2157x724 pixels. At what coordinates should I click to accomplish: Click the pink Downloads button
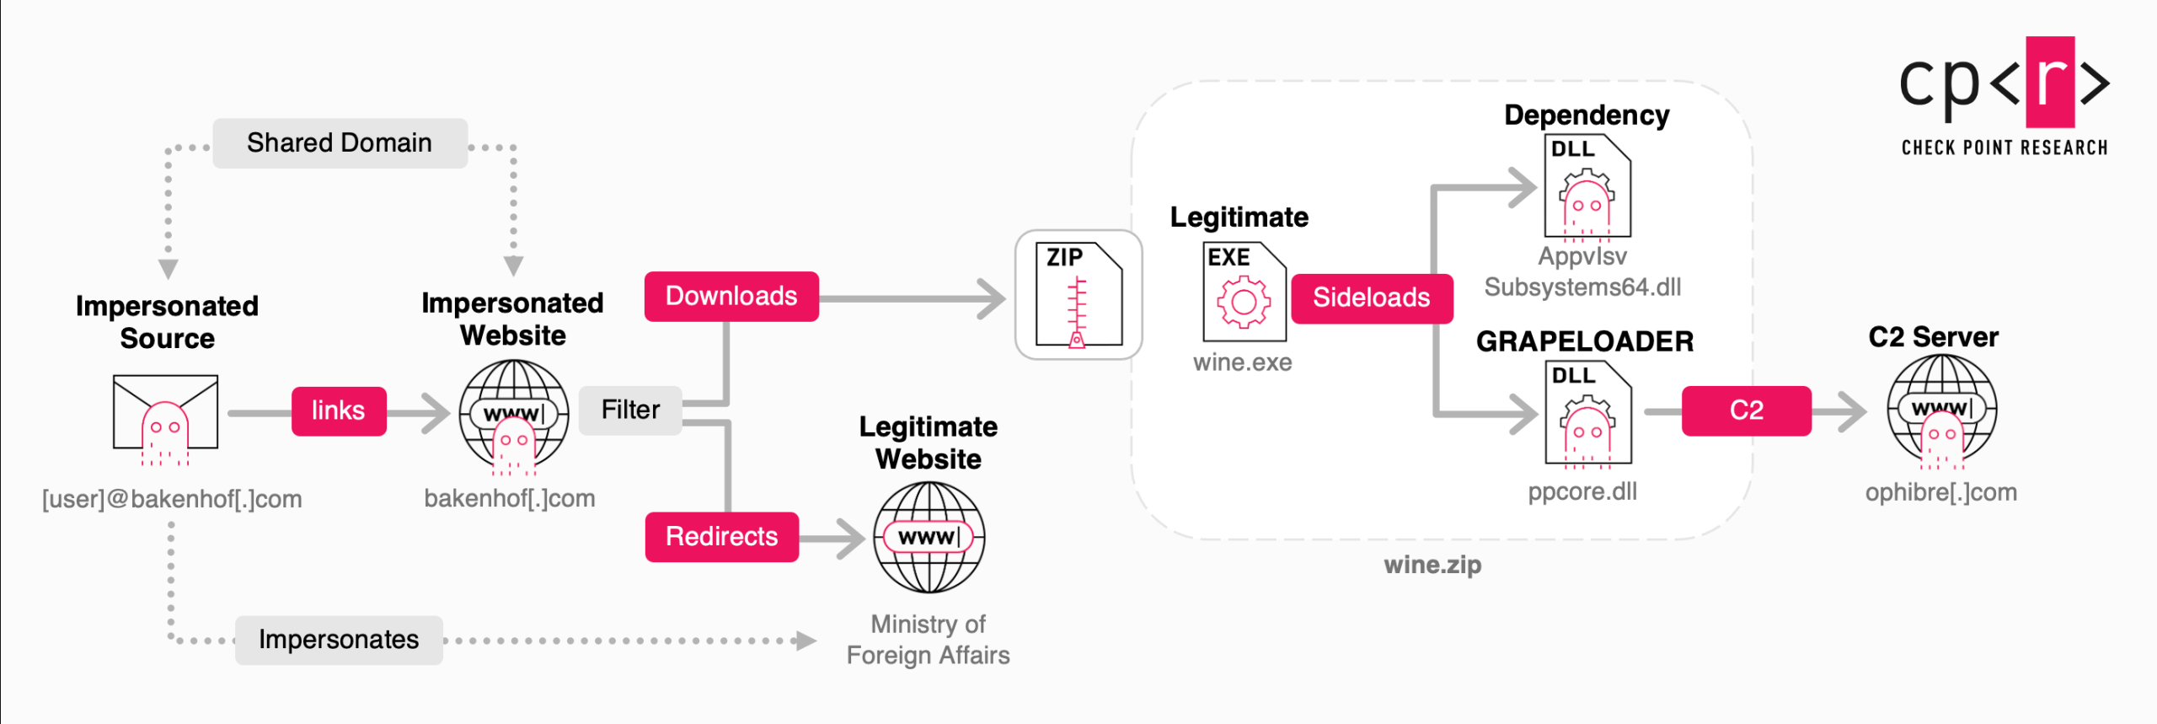731,296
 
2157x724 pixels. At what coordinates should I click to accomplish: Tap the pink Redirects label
722,537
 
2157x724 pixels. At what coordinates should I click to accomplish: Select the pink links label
339,411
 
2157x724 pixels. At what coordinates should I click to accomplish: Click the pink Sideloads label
1372,298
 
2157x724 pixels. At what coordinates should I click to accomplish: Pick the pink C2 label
1747,411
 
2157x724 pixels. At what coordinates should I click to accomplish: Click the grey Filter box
630,410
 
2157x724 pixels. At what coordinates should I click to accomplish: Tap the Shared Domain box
340,143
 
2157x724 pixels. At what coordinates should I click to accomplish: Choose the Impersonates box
339,641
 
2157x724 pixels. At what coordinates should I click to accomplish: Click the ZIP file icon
1079,295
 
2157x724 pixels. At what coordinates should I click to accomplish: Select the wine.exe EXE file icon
1244,292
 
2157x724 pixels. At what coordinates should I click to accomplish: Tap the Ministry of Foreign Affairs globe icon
929,537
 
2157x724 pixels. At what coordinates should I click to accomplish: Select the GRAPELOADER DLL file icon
1588,413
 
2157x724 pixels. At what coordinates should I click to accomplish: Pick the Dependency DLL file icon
1588,187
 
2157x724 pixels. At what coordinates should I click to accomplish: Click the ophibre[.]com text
1941,493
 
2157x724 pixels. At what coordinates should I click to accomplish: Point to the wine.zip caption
1432,566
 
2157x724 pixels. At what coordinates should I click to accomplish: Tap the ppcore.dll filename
1583,492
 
